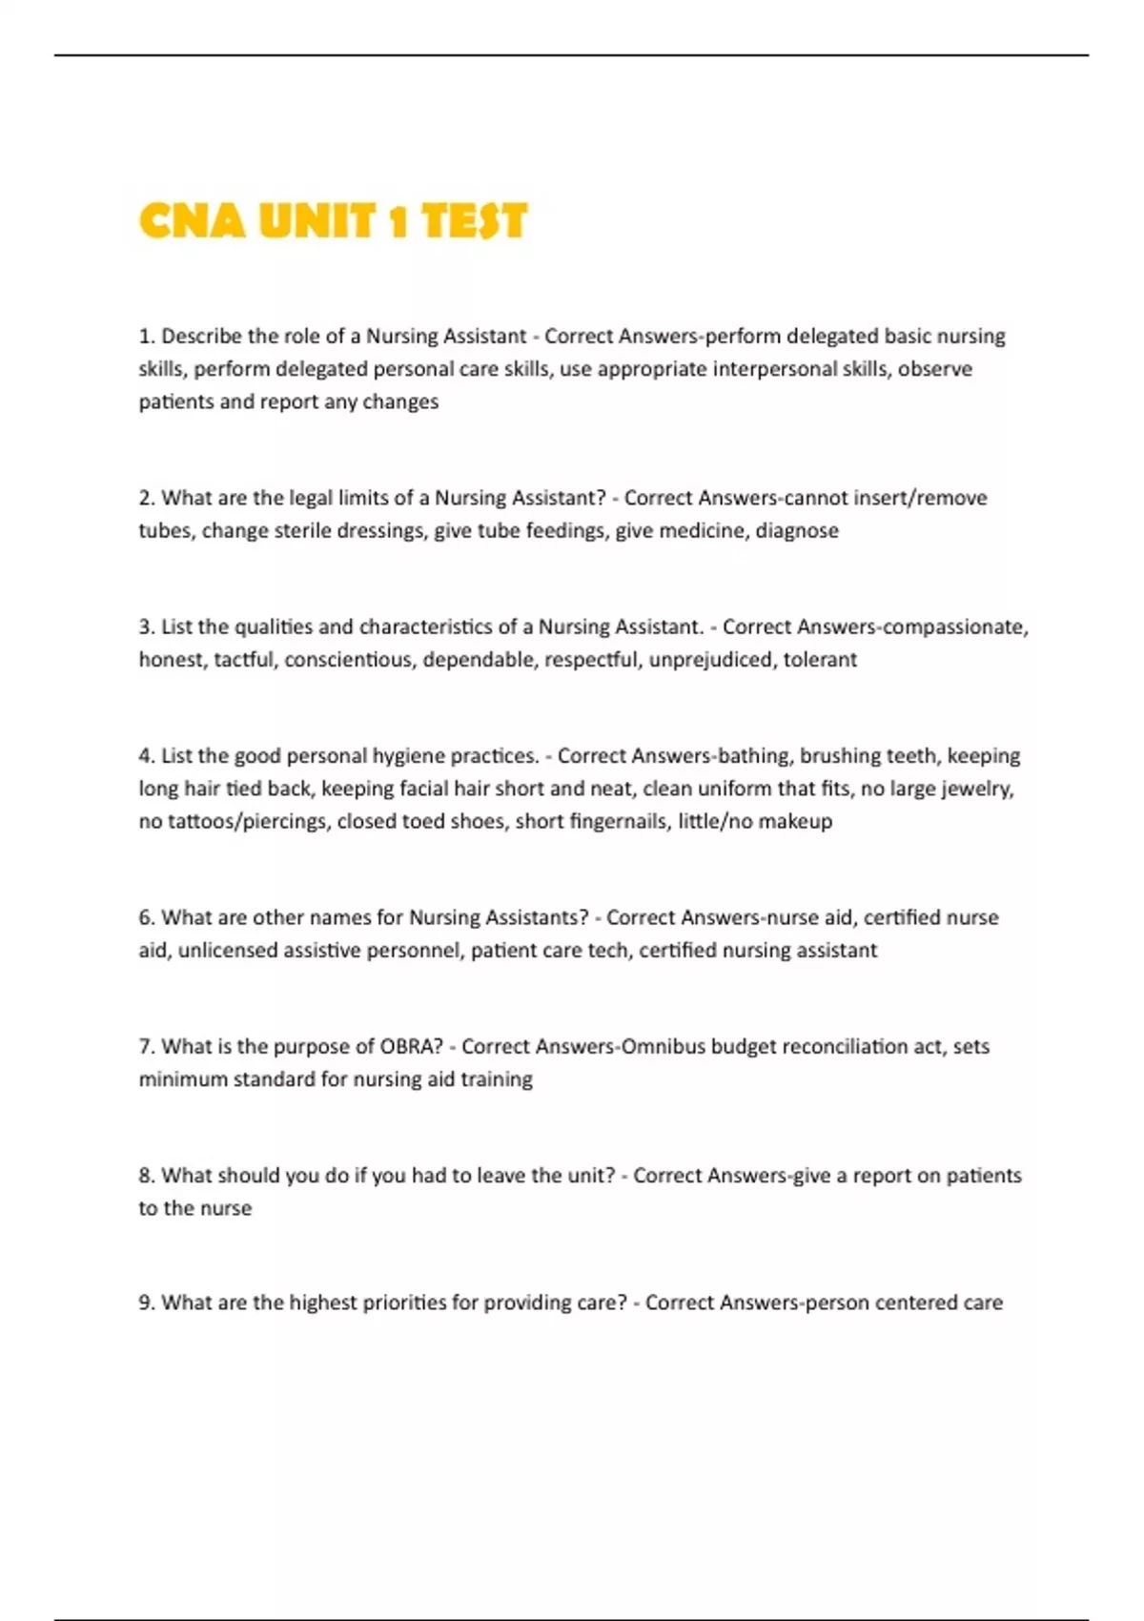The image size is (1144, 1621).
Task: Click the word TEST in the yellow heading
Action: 474,222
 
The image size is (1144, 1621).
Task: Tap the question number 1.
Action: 146,337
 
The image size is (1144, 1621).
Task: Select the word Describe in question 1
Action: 200,337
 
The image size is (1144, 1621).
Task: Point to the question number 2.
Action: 146,498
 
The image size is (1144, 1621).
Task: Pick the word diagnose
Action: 797,530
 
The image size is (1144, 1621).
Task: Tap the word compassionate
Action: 956,626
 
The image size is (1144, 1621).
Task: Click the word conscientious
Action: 350,659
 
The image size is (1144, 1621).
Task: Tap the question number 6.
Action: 146,917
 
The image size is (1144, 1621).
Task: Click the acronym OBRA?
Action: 412,1046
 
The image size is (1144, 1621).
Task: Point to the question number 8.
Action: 146,1176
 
